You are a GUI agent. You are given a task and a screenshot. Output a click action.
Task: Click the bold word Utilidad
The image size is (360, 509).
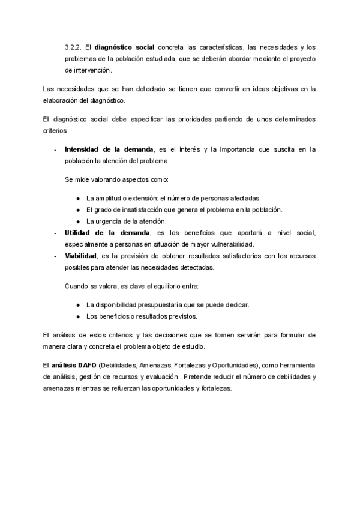(82, 232)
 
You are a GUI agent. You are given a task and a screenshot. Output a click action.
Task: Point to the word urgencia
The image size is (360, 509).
(109, 221)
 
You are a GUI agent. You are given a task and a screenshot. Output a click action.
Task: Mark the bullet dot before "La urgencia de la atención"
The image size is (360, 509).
(79, 221)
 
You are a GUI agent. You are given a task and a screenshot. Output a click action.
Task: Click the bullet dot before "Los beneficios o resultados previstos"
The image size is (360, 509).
(79, 316)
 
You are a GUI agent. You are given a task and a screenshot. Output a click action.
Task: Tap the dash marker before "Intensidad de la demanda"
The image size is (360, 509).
(55, 149)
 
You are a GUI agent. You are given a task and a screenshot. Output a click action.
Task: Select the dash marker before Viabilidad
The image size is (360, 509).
(55, 255)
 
